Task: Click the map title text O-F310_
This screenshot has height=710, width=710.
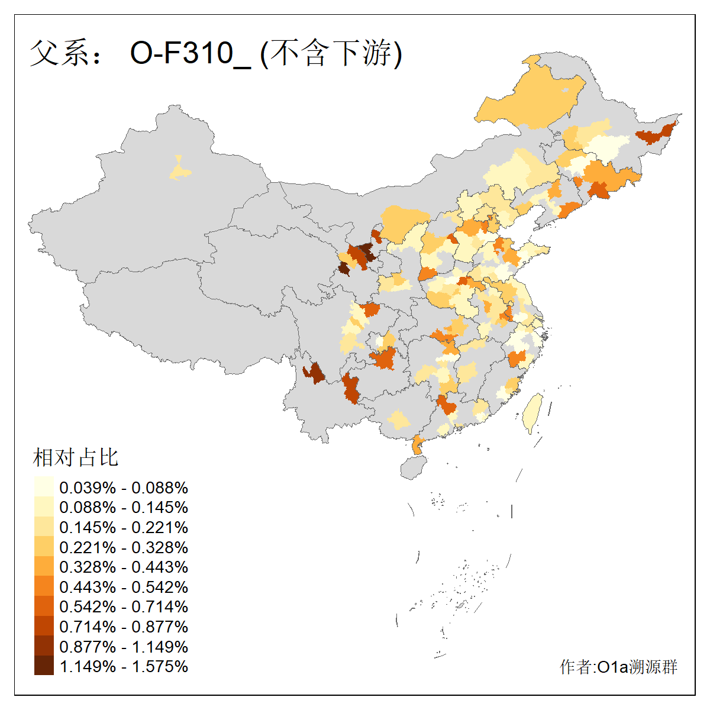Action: pyautogui.click(x=191, y=54)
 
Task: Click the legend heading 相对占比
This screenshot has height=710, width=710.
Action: pyautogui.click(x=76, y=457)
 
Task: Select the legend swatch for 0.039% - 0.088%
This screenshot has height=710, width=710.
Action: pyautogui.click(x=44, y=488)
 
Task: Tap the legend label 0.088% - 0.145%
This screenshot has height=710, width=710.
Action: pyautogui.click(x=124, y=508)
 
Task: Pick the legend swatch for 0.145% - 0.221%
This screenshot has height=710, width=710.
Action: pyautogui.click(x=44, y=527)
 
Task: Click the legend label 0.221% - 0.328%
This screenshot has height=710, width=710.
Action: pyautogui.click(x=124, y=547)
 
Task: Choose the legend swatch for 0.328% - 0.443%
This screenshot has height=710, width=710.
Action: pyautogui.click(x=44, y=567)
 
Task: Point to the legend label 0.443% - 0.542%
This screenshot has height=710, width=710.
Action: pyautogui.click(x=124, y=587)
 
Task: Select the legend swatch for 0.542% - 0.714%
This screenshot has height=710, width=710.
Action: pyautogui.click(x=44, y=606)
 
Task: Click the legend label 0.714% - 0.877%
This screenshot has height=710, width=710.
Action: pyautogui.click(x=124, y=627)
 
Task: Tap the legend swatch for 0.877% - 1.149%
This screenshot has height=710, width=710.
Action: pyautogui.click(x=44, y=646)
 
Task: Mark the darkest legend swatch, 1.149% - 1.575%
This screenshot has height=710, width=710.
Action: pyautogui.click(x=44, y=666)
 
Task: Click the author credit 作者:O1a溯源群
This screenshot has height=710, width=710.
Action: pyautogui.click(x=618, y=667)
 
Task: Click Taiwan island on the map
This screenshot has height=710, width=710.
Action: pyautogui.click(x=532, y=413)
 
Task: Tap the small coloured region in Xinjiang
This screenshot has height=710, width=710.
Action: pyautogui.click(x=180, y=170)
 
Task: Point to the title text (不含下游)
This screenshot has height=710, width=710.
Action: pyautogui.click(x=331, y=54)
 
